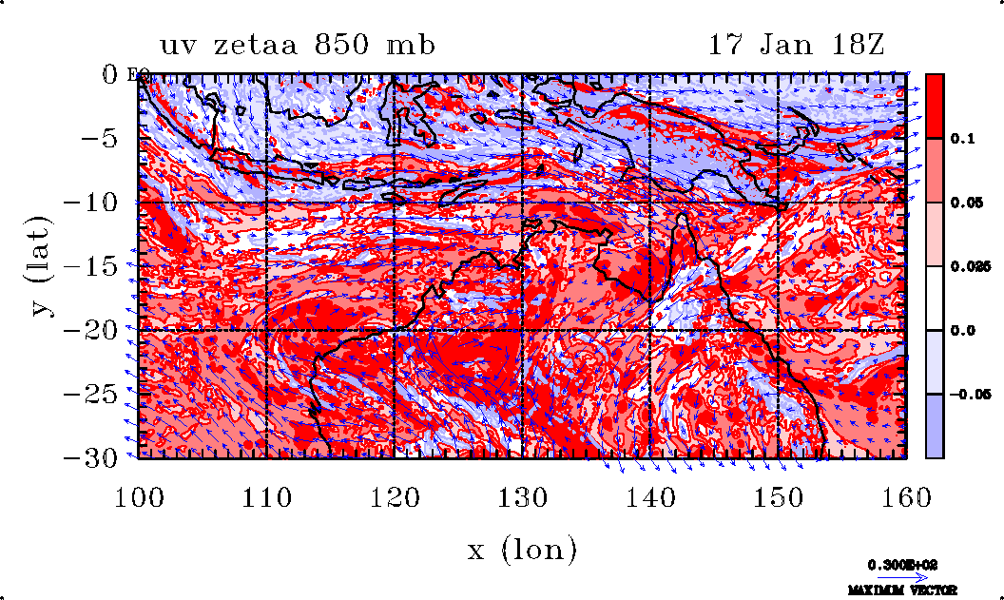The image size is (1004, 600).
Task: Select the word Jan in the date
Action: coord(773,46)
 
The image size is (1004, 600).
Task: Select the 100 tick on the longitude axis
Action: coord(139,495)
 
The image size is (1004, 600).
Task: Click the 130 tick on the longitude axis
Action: coord(523,495)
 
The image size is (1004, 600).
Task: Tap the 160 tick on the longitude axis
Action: coord(906,495)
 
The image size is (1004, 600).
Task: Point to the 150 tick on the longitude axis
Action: coord(779,495)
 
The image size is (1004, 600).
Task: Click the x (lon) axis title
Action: coord(522,549)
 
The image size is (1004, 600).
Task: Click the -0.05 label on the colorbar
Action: coord(965,394)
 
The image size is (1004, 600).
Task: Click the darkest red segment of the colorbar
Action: coord(936,106)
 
